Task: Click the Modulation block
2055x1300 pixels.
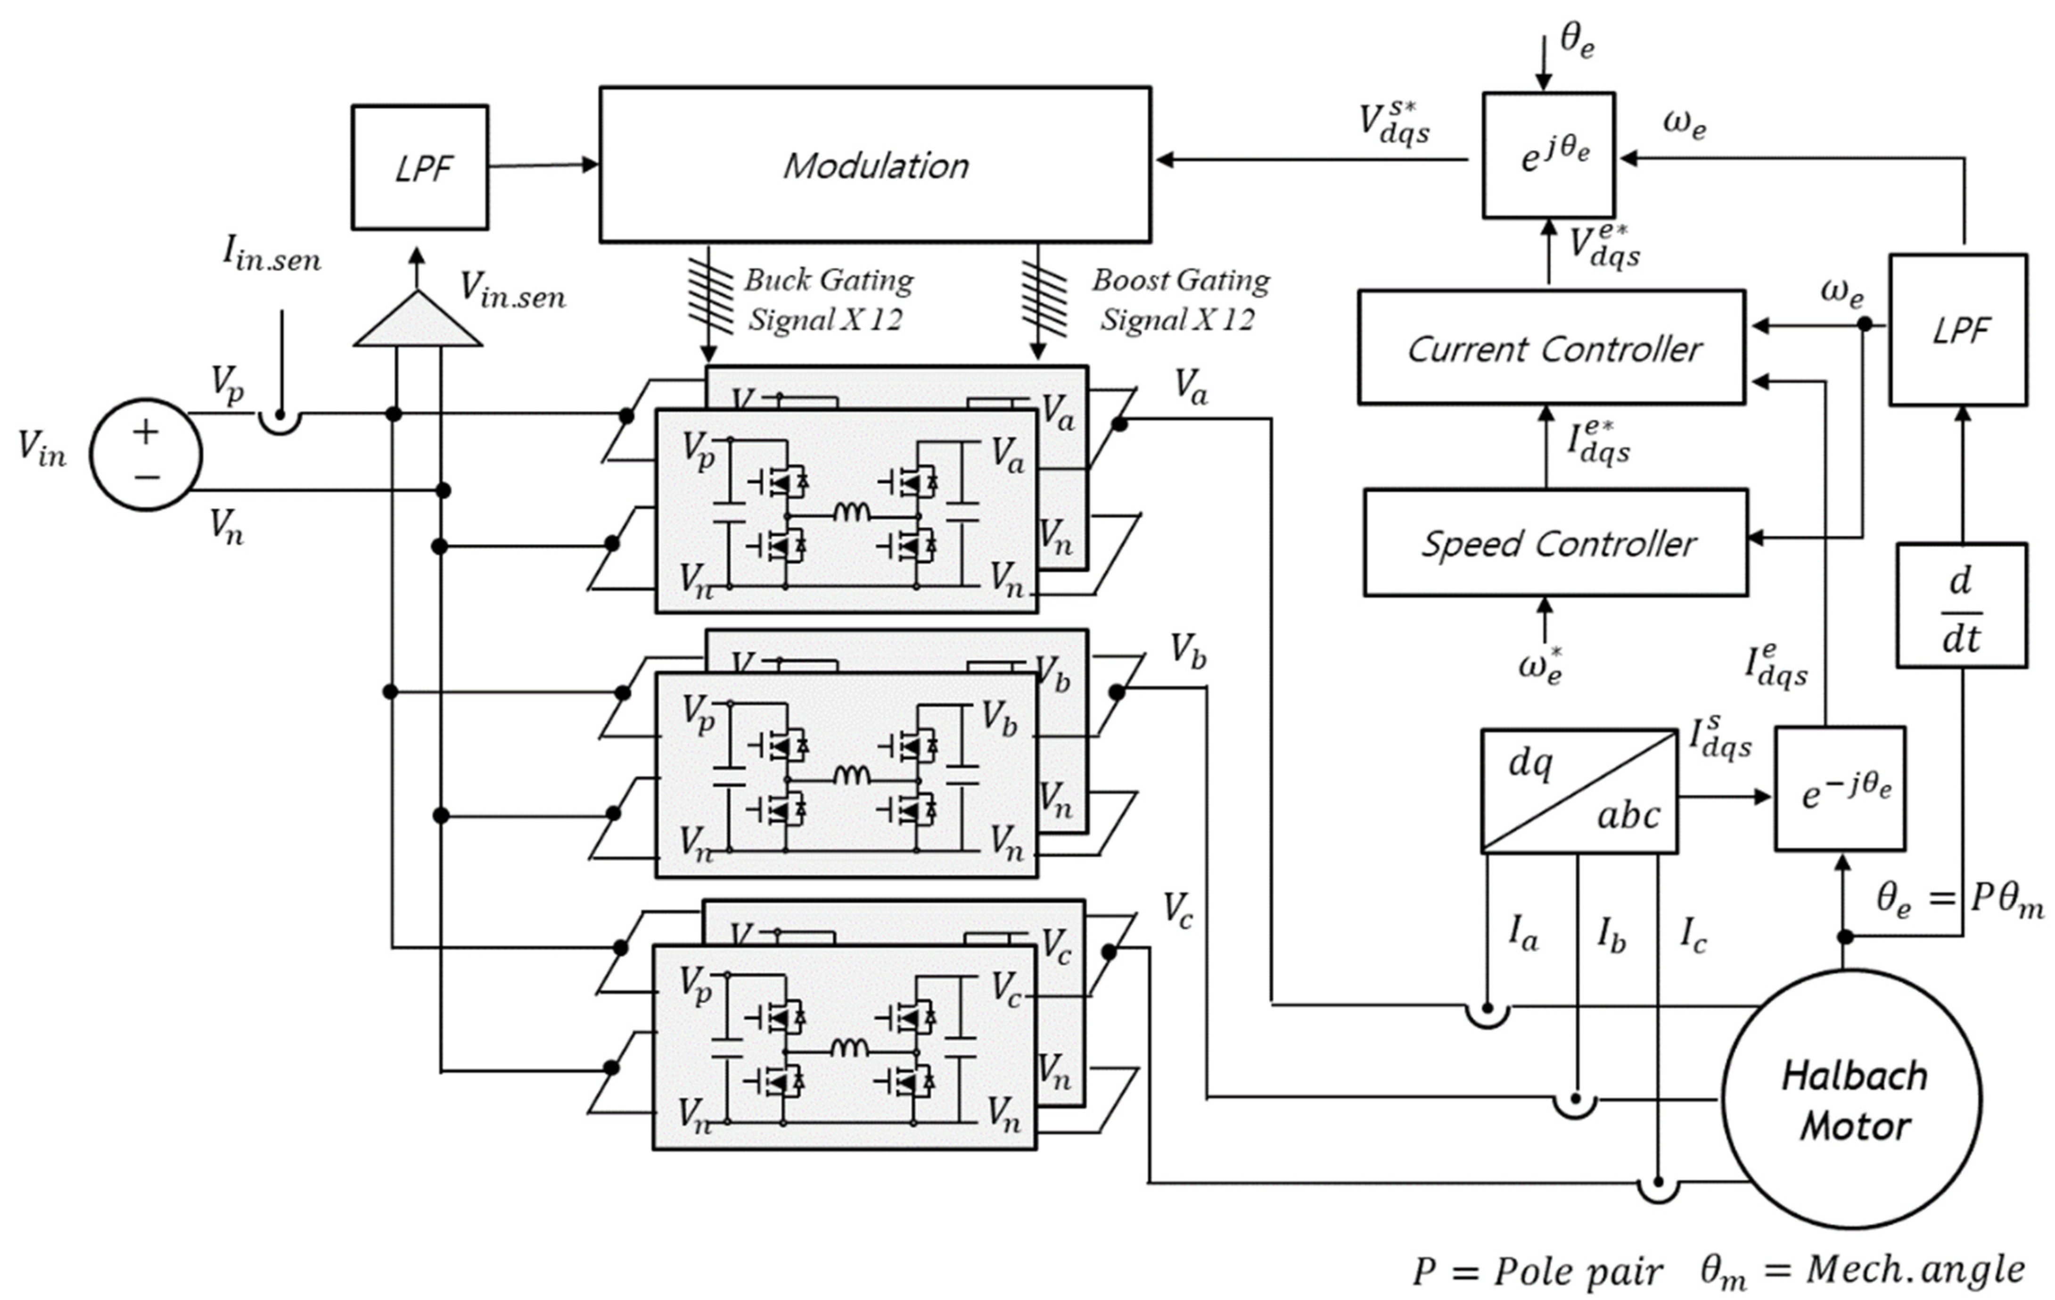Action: (x=875, y=165)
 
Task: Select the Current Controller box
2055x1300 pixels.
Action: (x=1551, y=348)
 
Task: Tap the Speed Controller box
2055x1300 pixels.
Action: (x=1555, y=543)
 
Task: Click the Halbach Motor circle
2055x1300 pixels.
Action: (x=1852, y=1100)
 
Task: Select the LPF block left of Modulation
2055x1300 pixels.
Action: (x=420, y=167)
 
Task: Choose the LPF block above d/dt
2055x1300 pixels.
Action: (x=1958, y=330)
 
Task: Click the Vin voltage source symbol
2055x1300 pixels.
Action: (x=146, y=454)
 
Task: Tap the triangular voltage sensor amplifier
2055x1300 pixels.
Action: (x=417, y=323)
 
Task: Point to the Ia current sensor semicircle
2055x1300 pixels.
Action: (x=1487, y=1014)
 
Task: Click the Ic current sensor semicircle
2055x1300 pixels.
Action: (x=1658, y=1189)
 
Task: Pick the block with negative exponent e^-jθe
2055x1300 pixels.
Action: (x=1840, y=789)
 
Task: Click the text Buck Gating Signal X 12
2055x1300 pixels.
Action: (x=826, y=299)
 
